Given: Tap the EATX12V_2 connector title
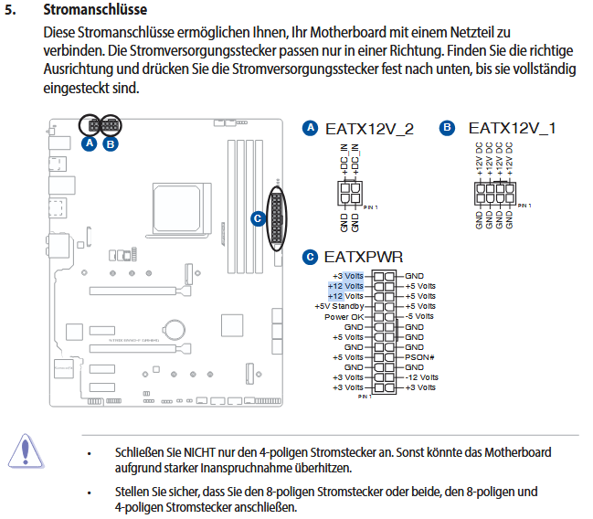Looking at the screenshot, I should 369,129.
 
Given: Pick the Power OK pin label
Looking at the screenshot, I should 344,316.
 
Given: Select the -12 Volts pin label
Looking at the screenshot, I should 422,376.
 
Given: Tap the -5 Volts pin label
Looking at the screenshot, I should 420,316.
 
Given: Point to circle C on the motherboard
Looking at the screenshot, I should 258,218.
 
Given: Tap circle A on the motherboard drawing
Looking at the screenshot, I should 90,143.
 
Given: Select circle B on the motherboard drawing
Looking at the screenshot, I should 111,143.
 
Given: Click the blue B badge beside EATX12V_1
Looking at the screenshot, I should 447,129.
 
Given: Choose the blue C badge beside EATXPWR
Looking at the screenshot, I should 311,258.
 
